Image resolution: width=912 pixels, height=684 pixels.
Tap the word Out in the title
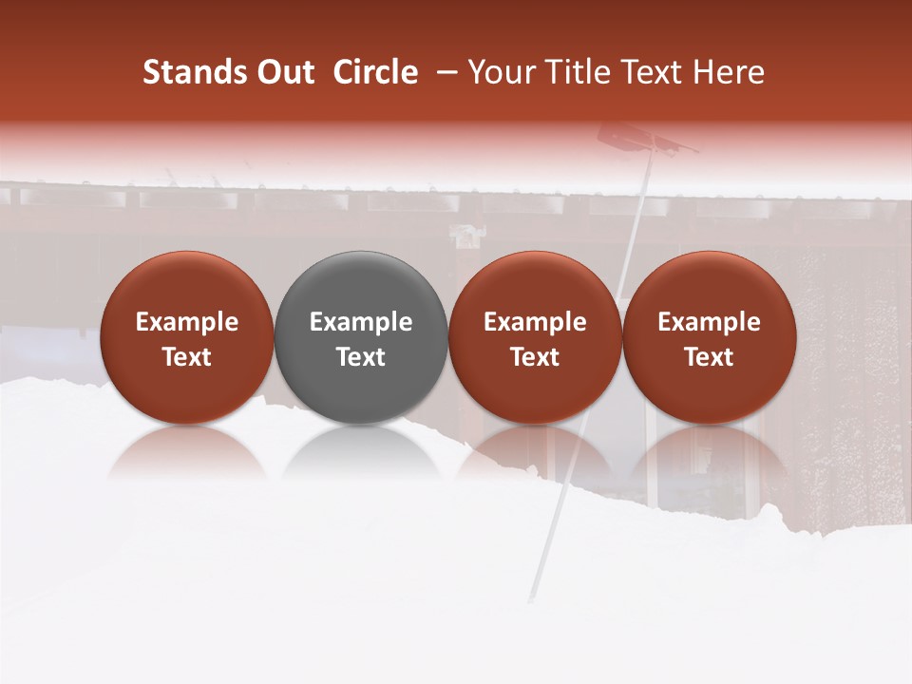point(283,72)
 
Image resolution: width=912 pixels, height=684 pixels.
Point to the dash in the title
point(444,72)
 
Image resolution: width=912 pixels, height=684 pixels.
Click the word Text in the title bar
point(655,72)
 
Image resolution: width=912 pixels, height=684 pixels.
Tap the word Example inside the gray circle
point(361,322)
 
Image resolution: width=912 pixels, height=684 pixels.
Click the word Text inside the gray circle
point(361,357)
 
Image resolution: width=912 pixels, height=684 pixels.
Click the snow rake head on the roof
point(646,142)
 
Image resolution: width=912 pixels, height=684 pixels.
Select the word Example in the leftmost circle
point(187,322)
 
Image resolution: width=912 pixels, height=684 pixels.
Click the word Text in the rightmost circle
point(710,357)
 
